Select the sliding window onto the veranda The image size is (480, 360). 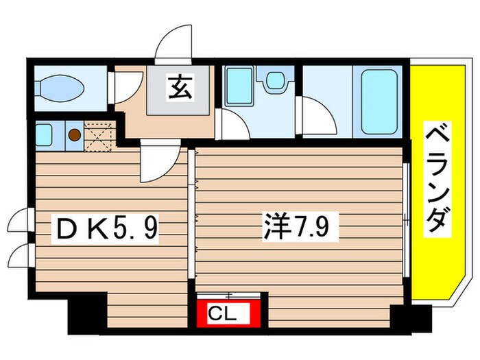point(407,220)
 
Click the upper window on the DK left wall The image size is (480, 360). point(23,220)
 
